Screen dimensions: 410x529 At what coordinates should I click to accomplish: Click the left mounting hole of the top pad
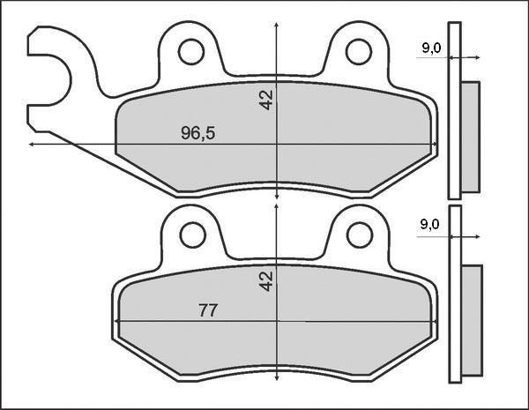tap(190, 52)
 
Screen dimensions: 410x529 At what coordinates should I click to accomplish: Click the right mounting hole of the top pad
tap(359, 52)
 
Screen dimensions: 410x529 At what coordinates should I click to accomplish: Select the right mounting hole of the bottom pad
tap(359, 235)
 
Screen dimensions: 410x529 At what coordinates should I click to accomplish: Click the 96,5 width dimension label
tap(198, 133)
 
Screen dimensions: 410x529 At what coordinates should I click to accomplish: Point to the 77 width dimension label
tap(208, 310)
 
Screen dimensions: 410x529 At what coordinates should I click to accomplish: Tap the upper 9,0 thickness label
tap(431, 48)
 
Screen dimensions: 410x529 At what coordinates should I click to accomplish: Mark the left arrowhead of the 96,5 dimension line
tap(34, 143)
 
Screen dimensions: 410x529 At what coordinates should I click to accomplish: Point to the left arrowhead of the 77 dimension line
tap(119, 323)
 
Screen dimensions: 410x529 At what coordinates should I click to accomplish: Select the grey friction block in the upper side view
tap(471, 137)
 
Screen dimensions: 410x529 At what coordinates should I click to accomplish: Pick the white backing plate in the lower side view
tap(455, 295)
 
